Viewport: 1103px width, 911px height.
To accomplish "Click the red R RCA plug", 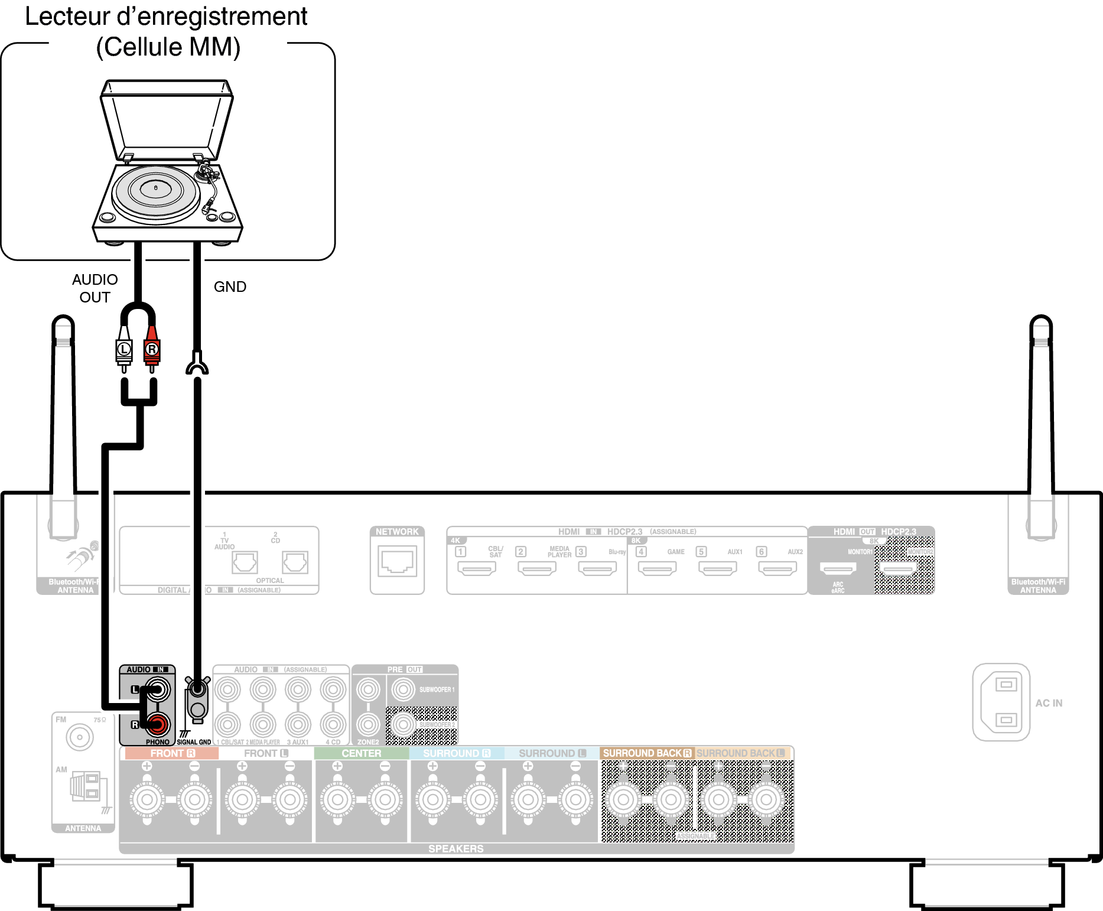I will coord(152,350).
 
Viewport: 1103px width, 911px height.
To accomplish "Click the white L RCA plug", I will coord(123,350).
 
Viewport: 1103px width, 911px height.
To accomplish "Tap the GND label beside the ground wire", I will coord(230,287).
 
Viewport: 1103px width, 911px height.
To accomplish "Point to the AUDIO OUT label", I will coord(95,288).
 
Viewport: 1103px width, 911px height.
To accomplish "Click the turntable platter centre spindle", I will coord(156,188).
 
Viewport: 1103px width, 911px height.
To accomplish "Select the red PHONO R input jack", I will coord(158,724).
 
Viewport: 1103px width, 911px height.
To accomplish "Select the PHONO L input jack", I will coord(158,689).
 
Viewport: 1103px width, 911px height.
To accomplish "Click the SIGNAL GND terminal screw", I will coord(197,689).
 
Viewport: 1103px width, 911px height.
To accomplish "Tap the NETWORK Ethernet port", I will coord(397,561).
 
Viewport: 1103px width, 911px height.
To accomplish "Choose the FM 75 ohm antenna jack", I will coord(80,737).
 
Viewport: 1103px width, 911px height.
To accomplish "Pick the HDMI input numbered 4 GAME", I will coord(657,568).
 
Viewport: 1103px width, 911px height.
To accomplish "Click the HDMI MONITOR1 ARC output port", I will coord(838,568).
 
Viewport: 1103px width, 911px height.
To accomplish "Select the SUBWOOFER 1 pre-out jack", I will coord(404,689).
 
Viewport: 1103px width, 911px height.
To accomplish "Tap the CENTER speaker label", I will coord(361,753).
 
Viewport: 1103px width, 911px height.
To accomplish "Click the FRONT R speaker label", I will coord(172,753).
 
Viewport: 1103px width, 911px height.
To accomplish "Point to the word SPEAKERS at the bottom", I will coord(455,848).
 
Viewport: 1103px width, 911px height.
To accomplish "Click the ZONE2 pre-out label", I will coord(368,742).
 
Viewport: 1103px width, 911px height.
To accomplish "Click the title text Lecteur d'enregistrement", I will coord(166,17).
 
